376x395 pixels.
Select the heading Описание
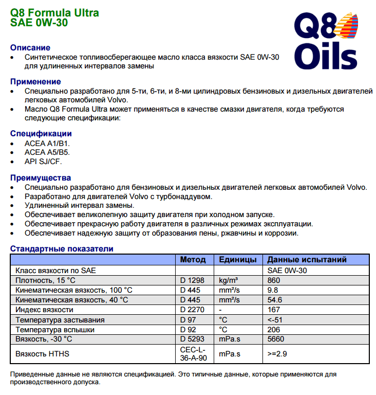[x=30, y=48]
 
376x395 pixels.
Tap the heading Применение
[x=35, y=82]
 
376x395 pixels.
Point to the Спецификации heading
[x=41, y=134]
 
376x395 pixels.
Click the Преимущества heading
[x=41, y=178]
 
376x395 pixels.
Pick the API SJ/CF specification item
[x=43, y=161]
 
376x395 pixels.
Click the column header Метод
[x=193, y=260]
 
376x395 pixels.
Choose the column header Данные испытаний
[x=307, y=260]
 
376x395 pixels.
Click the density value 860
[x=274, y=280]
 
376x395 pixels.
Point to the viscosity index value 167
[x=274, y=310]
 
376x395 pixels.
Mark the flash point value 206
[x=274, y=329]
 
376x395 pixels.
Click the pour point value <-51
[x=275, y=319]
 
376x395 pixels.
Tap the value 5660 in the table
[x=276, y=339]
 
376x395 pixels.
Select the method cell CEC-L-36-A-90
[x=194, y=354]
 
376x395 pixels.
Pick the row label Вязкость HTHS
[x=43, y=354]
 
